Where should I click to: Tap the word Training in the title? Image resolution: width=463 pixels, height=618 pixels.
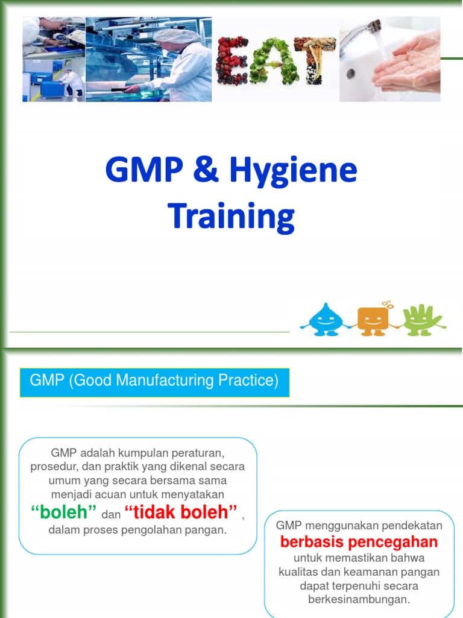click(x=231, y=216)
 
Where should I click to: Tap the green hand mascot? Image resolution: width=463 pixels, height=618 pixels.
click(x=423, y=319)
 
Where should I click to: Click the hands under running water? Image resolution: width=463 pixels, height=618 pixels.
click(x=408, y=69)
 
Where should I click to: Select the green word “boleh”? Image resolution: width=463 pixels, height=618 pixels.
click(x=64, y=512)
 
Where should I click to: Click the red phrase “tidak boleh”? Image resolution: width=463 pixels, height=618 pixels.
click(x=180, y=512)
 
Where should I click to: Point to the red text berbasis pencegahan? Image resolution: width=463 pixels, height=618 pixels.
click(x=359, y=541)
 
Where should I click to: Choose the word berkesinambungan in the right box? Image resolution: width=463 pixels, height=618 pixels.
click(x=359, y=600)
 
